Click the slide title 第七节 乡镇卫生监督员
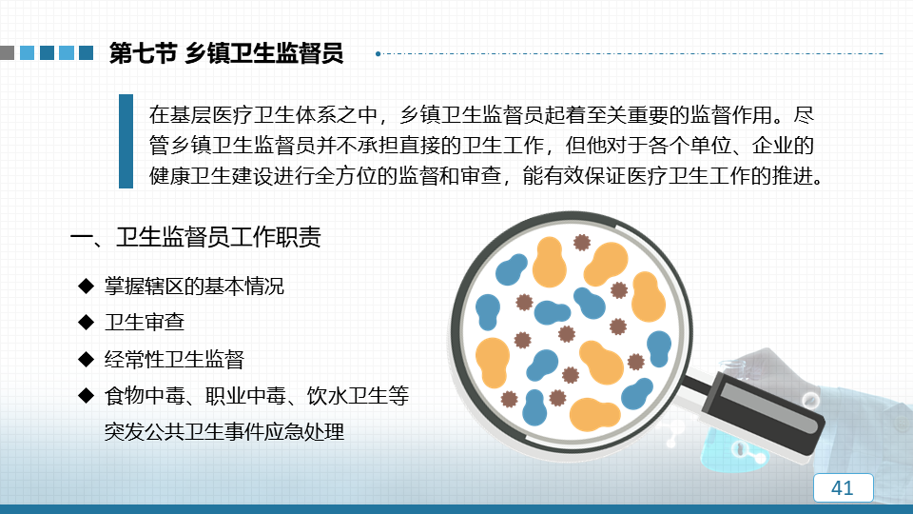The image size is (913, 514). pyautogui.click(x=226, y=53)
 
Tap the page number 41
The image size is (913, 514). pyautogui.click(x=843, y=487)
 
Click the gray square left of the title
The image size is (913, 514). pyautogui.click(x=7, y=53)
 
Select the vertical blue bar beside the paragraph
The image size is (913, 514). pyautogui.click(x=126, y=141)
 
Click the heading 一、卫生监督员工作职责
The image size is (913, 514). pyautogui.click(x=196, y=237)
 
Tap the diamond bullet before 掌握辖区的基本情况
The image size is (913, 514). pyautogui.click(x=87, y=286)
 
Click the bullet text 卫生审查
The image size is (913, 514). pyautogui.click(x=145, y=323)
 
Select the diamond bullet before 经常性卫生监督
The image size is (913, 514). pyautogui.click(x=87, y=359)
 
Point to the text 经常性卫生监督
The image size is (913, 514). pyautogui.click(x=174, y=359)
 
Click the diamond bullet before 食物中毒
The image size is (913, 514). pyautogui.click(x=87, y=396)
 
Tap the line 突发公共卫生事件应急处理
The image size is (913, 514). pyautogui.click(x=224, y=432)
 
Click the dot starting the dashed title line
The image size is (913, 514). pyautogui.click(x=379, y=53)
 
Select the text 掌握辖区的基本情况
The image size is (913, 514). pyautogui.click(x=194, y=287)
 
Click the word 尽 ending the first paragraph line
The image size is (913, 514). pyautogui.click(x=804, y=115)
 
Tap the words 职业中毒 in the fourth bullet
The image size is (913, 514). pyautogui.click(x=245, y=396)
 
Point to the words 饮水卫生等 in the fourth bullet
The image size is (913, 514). pyautogui.click(x=359, y=396)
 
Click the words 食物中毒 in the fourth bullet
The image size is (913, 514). pyautogui.click(x=145, y=396)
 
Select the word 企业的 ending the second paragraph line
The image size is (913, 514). pyautogui.click(x=783, y=145)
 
